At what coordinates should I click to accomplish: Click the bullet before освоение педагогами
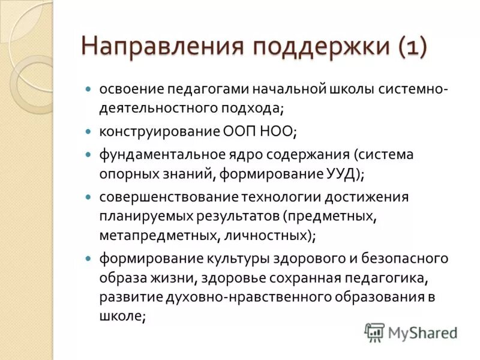pos(88,89)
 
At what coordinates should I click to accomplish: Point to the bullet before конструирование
pos(88,130)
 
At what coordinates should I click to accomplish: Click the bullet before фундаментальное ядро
pos(88,154)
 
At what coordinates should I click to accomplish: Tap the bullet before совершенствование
pos(88,196)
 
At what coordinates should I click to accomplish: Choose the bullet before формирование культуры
pos(88,258)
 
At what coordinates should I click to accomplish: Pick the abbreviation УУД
pos(340,174)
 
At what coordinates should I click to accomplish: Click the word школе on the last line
pos(120,317)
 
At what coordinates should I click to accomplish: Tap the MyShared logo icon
pos(374,332)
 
